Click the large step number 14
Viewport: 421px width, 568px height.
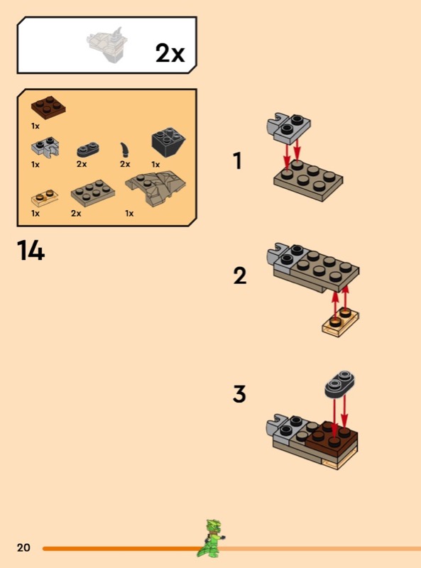(x=31, y=251)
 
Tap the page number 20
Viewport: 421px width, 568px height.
(x=23, y=547)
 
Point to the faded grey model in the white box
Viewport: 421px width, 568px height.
(x=108, y=45)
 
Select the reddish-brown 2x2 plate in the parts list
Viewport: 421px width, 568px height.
(x=48, y=108)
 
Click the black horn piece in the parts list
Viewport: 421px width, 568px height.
(x=125, y=150)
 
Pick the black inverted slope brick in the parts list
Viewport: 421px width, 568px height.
(x=168, y=143)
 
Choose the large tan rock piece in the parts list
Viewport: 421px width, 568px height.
(x=155, y=188)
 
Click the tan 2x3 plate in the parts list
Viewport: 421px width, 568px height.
(x=93, y=192)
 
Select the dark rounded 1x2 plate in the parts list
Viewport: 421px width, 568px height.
(x=88, y=150)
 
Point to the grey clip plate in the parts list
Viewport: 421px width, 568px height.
(x=45, y=148)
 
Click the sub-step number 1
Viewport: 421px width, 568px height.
(x=237, y=161)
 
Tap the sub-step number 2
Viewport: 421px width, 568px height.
(x=240, y=275)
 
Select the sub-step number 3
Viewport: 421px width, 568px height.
(x=239, y=394)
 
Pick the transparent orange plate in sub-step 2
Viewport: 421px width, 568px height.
(x=340, y=322)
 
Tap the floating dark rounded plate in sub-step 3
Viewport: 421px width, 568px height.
(x=339, y=383)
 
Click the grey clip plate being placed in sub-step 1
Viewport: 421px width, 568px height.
(x=288, y=127)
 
